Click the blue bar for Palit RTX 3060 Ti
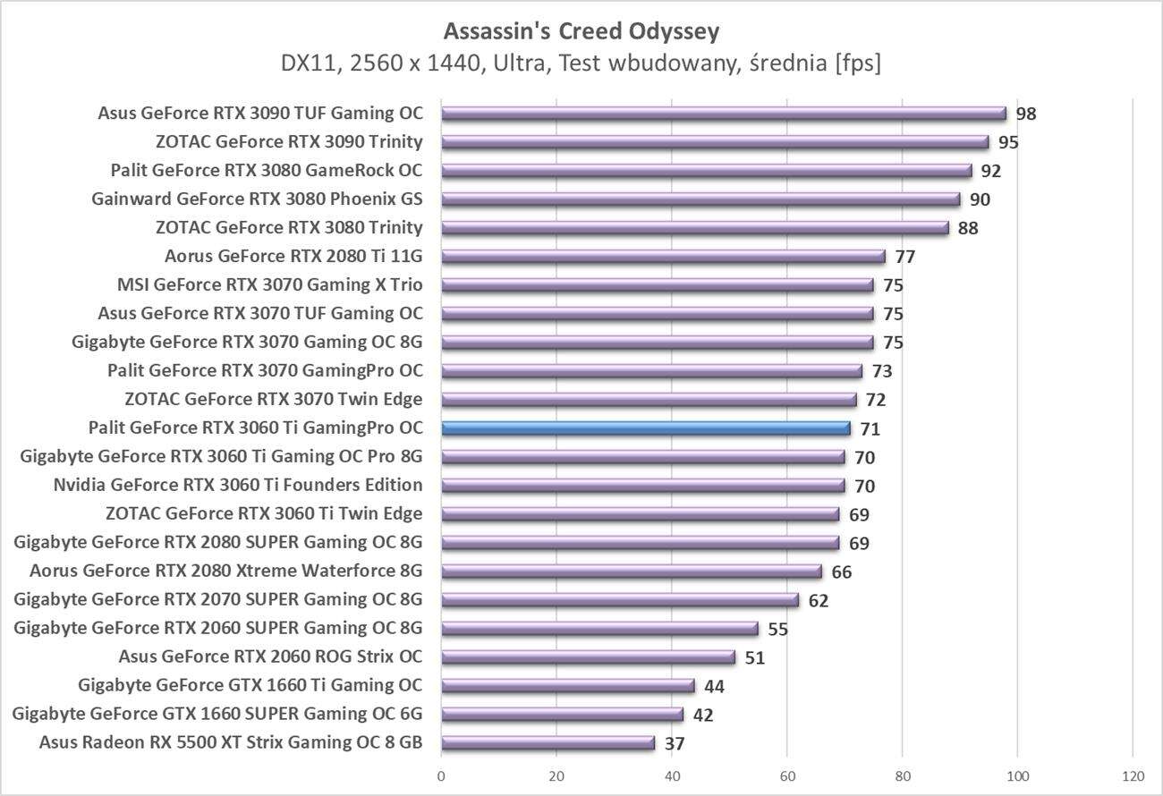click(x=646, y=428)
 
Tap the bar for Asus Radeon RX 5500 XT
click(x=548, y=743)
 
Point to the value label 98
click(x=1026, y=114)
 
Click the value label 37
click(x=675, y=744)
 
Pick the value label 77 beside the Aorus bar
click(x=905, y=258)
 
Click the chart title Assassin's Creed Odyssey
click(x=581, y=32)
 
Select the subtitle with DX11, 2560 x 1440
click(x=581, y=64)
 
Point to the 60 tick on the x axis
click(x=787, y=775)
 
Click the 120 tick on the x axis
click(x=1133, y=775)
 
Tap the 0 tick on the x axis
click(x=442, y=775)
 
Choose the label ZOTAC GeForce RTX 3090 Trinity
click(x=289, y=142)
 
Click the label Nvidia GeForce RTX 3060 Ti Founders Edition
click(x=238, y=486)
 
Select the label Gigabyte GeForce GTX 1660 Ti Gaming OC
click(x=250, y=686)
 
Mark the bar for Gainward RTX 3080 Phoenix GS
click(x=700, y=199)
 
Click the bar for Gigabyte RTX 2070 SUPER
click(x=620, y=600)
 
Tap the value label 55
click(x=778, y=630)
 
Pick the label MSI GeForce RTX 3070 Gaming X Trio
click(x=270, y=285)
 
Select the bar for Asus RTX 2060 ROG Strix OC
click(x=588, y=657)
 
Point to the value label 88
click(x=968, y=229)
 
